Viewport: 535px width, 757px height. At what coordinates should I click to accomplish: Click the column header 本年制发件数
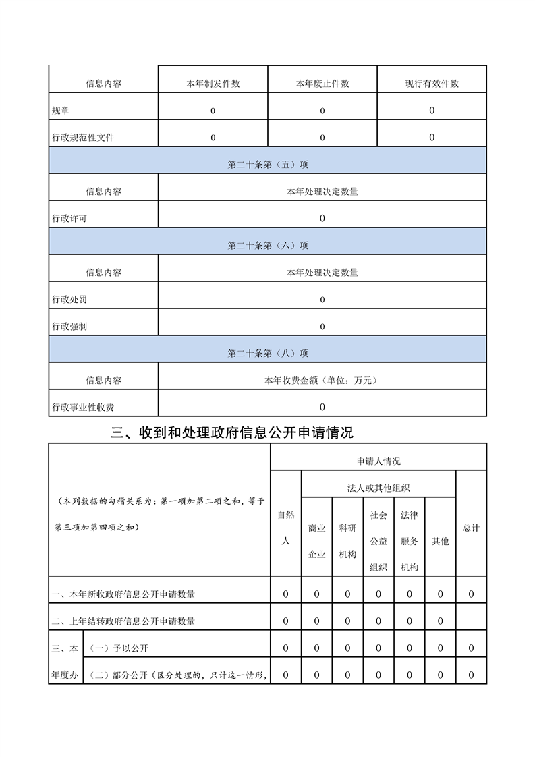(213, 84)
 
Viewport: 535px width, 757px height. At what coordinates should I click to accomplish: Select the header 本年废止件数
(322, 84)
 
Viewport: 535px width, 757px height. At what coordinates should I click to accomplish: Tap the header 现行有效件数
(432, 84)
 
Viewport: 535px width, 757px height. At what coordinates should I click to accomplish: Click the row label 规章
(60, 111)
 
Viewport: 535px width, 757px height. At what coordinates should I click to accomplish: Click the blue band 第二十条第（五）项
(268, 165)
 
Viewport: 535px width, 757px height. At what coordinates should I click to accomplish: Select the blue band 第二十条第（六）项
(268, 246)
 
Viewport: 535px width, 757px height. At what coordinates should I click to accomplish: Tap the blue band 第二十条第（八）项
(268, 354)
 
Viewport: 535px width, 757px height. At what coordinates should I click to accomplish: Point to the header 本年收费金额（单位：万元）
(322, 381)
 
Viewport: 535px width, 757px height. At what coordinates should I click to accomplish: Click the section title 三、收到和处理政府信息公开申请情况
(232, 432)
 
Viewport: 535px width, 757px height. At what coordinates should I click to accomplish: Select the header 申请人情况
(378, 461)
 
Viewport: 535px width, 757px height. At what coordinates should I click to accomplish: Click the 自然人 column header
(285, 528)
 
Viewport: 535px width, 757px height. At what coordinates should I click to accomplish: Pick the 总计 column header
(471, 528)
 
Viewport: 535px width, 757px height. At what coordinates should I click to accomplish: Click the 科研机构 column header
(347, 541)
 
